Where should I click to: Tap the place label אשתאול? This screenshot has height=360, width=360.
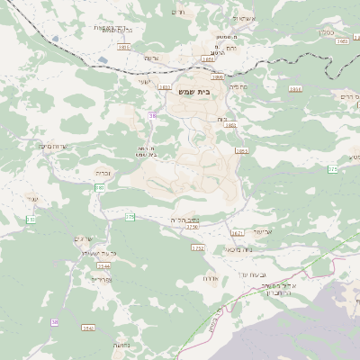(x=243, y=18)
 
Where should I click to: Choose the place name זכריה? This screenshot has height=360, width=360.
(x=101, y=170)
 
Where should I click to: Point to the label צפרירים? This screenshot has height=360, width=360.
(x=99, y=280)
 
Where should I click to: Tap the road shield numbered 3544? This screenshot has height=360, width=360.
(x=103, y=266)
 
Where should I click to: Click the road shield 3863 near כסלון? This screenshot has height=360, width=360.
(x=342, y=40)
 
